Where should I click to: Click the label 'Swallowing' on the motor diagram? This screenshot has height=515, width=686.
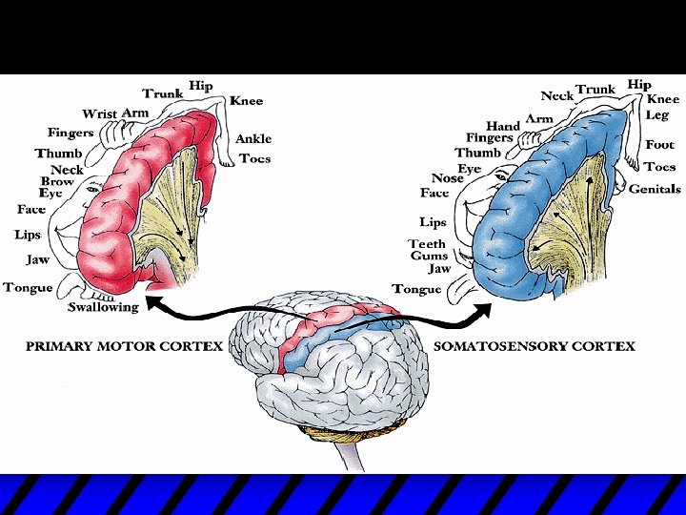[103, 307]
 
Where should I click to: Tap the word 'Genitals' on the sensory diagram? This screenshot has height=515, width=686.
[655, 189]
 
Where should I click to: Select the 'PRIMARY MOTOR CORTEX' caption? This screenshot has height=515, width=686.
[124, 345]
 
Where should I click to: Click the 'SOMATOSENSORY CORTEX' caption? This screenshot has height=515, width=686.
[534, 345]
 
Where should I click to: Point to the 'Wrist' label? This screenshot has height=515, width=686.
[99, 114]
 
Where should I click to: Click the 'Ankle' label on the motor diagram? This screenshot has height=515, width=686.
[253, 138]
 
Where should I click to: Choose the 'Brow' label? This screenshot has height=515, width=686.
[57, 181]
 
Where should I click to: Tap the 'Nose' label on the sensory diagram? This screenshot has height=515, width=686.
[447, 178]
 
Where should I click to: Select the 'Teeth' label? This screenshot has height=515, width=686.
[427, 244]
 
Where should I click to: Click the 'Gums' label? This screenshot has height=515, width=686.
[429, 256]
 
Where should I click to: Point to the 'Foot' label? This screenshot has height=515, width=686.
[659, 145]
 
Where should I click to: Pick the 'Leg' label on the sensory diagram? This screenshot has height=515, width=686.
[657, 114]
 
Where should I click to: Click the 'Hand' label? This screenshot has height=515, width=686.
[503, 126]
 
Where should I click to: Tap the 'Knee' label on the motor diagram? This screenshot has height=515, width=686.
[246, 101]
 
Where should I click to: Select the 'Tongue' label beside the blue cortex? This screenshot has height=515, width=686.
[416, 289]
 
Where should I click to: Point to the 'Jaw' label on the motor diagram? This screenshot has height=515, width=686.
[37, 259]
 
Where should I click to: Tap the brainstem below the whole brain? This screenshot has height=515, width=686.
[351, 456]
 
